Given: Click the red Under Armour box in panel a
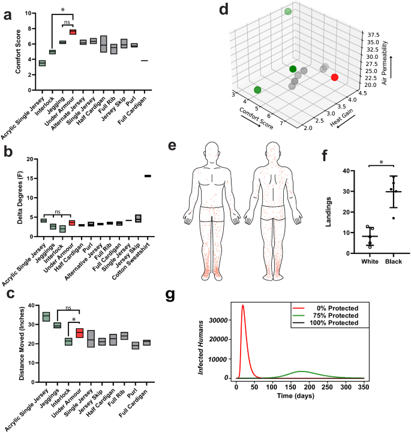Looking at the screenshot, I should [x=73, y=32].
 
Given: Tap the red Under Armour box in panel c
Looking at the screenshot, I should [x=79, y=333].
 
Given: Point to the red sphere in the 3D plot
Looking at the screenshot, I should [x=334, y=77].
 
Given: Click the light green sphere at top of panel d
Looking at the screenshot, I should [x=288, y=11].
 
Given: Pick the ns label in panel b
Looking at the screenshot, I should [x=56, y=211].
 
